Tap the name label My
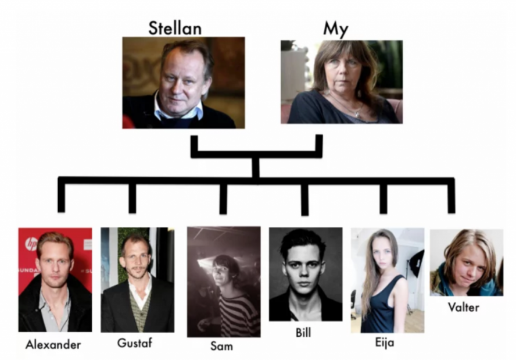[x=335, y=29]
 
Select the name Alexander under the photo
[x=53, y=344]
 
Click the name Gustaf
[x=135, y=343]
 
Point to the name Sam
[x=221, y=346]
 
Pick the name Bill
[x=303, y=333]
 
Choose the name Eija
[x=384, y=343]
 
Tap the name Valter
[x=463, y=307]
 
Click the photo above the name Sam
[x=224, y=281]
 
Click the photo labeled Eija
[x=387, y=280]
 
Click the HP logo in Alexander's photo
[x=31, y=243]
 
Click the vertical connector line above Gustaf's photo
[x=132, y=198]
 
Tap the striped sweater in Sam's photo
[x=238, y=314]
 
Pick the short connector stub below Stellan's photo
[x=194, y=145]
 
